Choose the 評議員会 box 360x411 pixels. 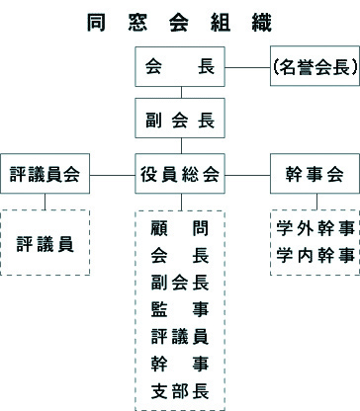(x=45, y=175)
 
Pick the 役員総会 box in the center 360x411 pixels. (x=180, y=175)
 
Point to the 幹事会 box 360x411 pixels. (x=313, y=175)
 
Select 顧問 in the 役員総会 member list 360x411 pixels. (x=180, y=229)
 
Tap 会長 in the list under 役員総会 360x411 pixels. (x=180, y=256)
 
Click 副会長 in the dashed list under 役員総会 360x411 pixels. (x=180, y=282)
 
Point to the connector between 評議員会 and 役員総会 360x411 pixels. (x=112, y=175)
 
